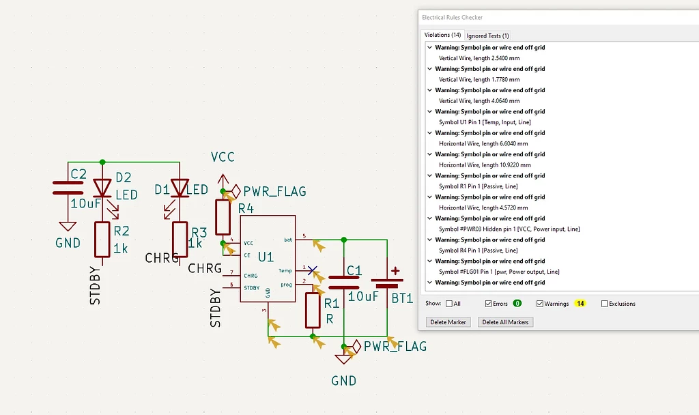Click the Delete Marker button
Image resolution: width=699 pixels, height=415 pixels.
pos(448,322)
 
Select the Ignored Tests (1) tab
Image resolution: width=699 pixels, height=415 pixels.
pos(488,35)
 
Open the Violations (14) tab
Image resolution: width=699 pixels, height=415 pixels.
pos(442,35)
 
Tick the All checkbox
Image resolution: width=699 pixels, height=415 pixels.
pos(449,304)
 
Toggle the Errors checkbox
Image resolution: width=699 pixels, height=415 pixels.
pos(489,304)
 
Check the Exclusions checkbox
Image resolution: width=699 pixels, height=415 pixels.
pos(605,304)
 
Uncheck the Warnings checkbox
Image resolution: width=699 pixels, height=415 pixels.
pos(540,304)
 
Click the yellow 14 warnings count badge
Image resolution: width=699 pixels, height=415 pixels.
pos(580,304)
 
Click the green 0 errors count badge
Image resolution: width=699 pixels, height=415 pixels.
pos(517,304)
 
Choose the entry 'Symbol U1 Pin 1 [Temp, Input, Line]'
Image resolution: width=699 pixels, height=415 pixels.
pos(485,122)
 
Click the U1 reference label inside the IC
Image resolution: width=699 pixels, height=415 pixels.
pos(266,257)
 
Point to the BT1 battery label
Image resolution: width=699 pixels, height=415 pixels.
pos(401,298)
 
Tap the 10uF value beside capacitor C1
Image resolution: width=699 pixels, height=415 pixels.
pos(363,297)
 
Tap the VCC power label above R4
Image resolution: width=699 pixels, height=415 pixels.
pos(223,157)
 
